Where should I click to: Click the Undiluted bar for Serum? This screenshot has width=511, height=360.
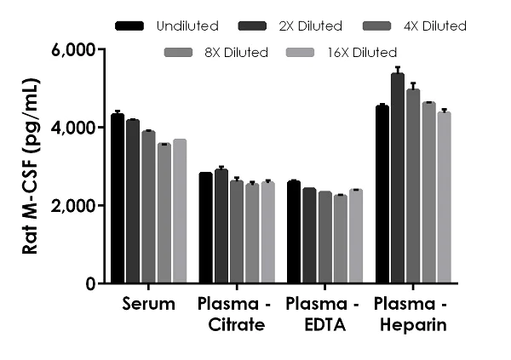click(x=118, y=199)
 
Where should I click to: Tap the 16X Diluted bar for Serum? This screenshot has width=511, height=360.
click(x=180, y=212)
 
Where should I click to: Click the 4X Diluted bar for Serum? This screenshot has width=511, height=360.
click(x=149, y=208)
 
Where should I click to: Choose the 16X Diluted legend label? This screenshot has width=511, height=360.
click(x=363, y=53)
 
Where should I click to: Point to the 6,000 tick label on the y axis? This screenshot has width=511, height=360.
click(x=72, y=50)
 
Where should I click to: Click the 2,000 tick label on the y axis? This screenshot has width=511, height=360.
click(x=72, y=206)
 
